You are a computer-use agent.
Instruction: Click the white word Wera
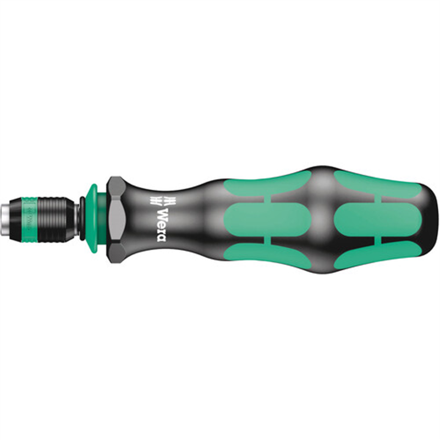[x=161, y=217]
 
